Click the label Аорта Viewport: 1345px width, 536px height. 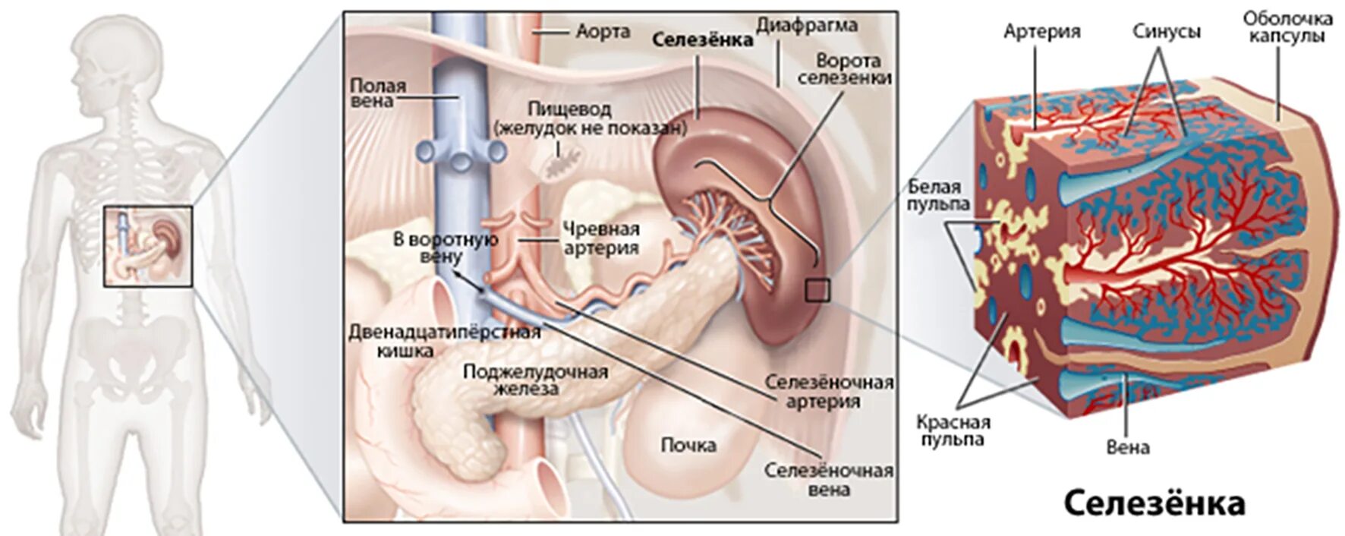click(x=603, y=32)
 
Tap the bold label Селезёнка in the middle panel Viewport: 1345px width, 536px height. click(x=703, y=39)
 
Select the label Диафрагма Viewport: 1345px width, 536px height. click(x=807, y=25)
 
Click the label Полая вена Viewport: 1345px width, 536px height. click(x=377, y=93)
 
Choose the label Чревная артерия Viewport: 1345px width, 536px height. click(x=601, y=238)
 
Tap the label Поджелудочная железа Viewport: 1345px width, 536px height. click(x=535, y=380)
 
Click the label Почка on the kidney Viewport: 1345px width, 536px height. click(x=688, y=445)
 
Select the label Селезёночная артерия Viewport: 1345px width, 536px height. click(x=829, y=391)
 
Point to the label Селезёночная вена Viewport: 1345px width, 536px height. click(x=829, y=480)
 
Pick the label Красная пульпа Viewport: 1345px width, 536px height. click(x=953, y=430)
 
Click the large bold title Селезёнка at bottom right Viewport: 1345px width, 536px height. click(x=1154, y=503)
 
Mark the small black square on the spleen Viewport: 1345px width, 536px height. click(x=817, y=290)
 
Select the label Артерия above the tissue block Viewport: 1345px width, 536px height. click(x=1041, y=32)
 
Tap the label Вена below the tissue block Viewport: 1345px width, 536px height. click(x=1127, y=447)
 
